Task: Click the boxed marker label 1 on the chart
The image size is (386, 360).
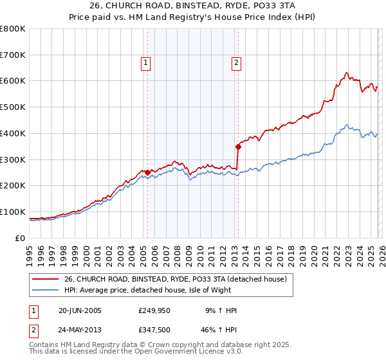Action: (x=147, y=63)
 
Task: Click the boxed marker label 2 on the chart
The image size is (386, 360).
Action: (x=237, y=63)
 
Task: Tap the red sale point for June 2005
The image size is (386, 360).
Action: (x=148, y=172)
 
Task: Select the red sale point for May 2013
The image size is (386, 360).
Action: (x=238, y=147)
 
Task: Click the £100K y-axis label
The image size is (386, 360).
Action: (x=13, y=212)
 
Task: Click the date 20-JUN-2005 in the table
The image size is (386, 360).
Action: (x=79, y=310)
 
